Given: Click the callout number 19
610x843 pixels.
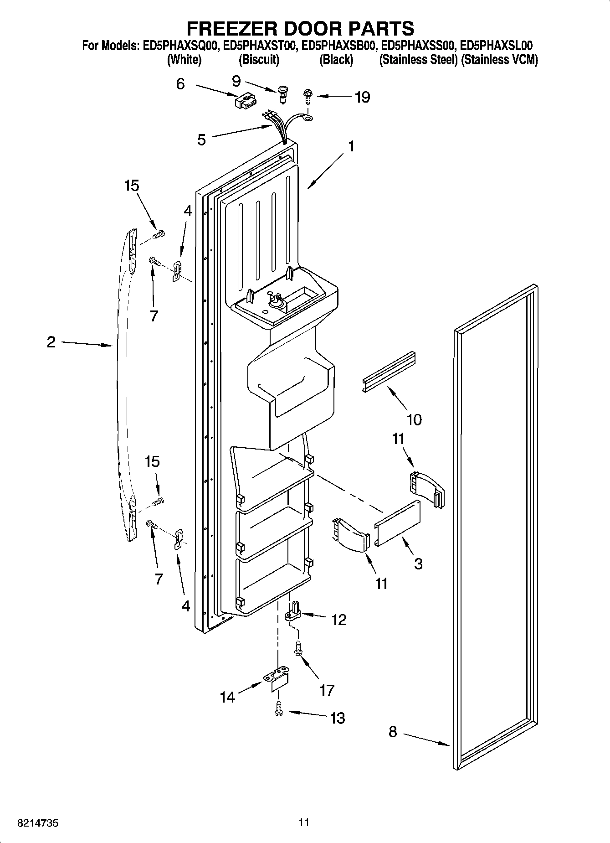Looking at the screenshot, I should (x=362, y=97).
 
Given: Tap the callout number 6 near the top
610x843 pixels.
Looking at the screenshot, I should (x=180, y=84).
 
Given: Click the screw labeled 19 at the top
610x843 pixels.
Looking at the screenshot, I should (x=308, y=97).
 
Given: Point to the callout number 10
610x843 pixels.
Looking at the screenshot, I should (x=414, y=419).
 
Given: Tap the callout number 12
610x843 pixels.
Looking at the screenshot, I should (x=339, y=620).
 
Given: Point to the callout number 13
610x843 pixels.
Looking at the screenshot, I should (x=337, y=718).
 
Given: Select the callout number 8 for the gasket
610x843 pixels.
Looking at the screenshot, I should (x=393, y=732).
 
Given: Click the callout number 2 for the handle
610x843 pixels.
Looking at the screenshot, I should (x=51, y=342).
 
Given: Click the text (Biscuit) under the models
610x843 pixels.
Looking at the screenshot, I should (x=259, y=59).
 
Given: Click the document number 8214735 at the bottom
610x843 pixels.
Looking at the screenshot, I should (x=37, y=823).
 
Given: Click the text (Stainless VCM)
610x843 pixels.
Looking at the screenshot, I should (x=500, y=59).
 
